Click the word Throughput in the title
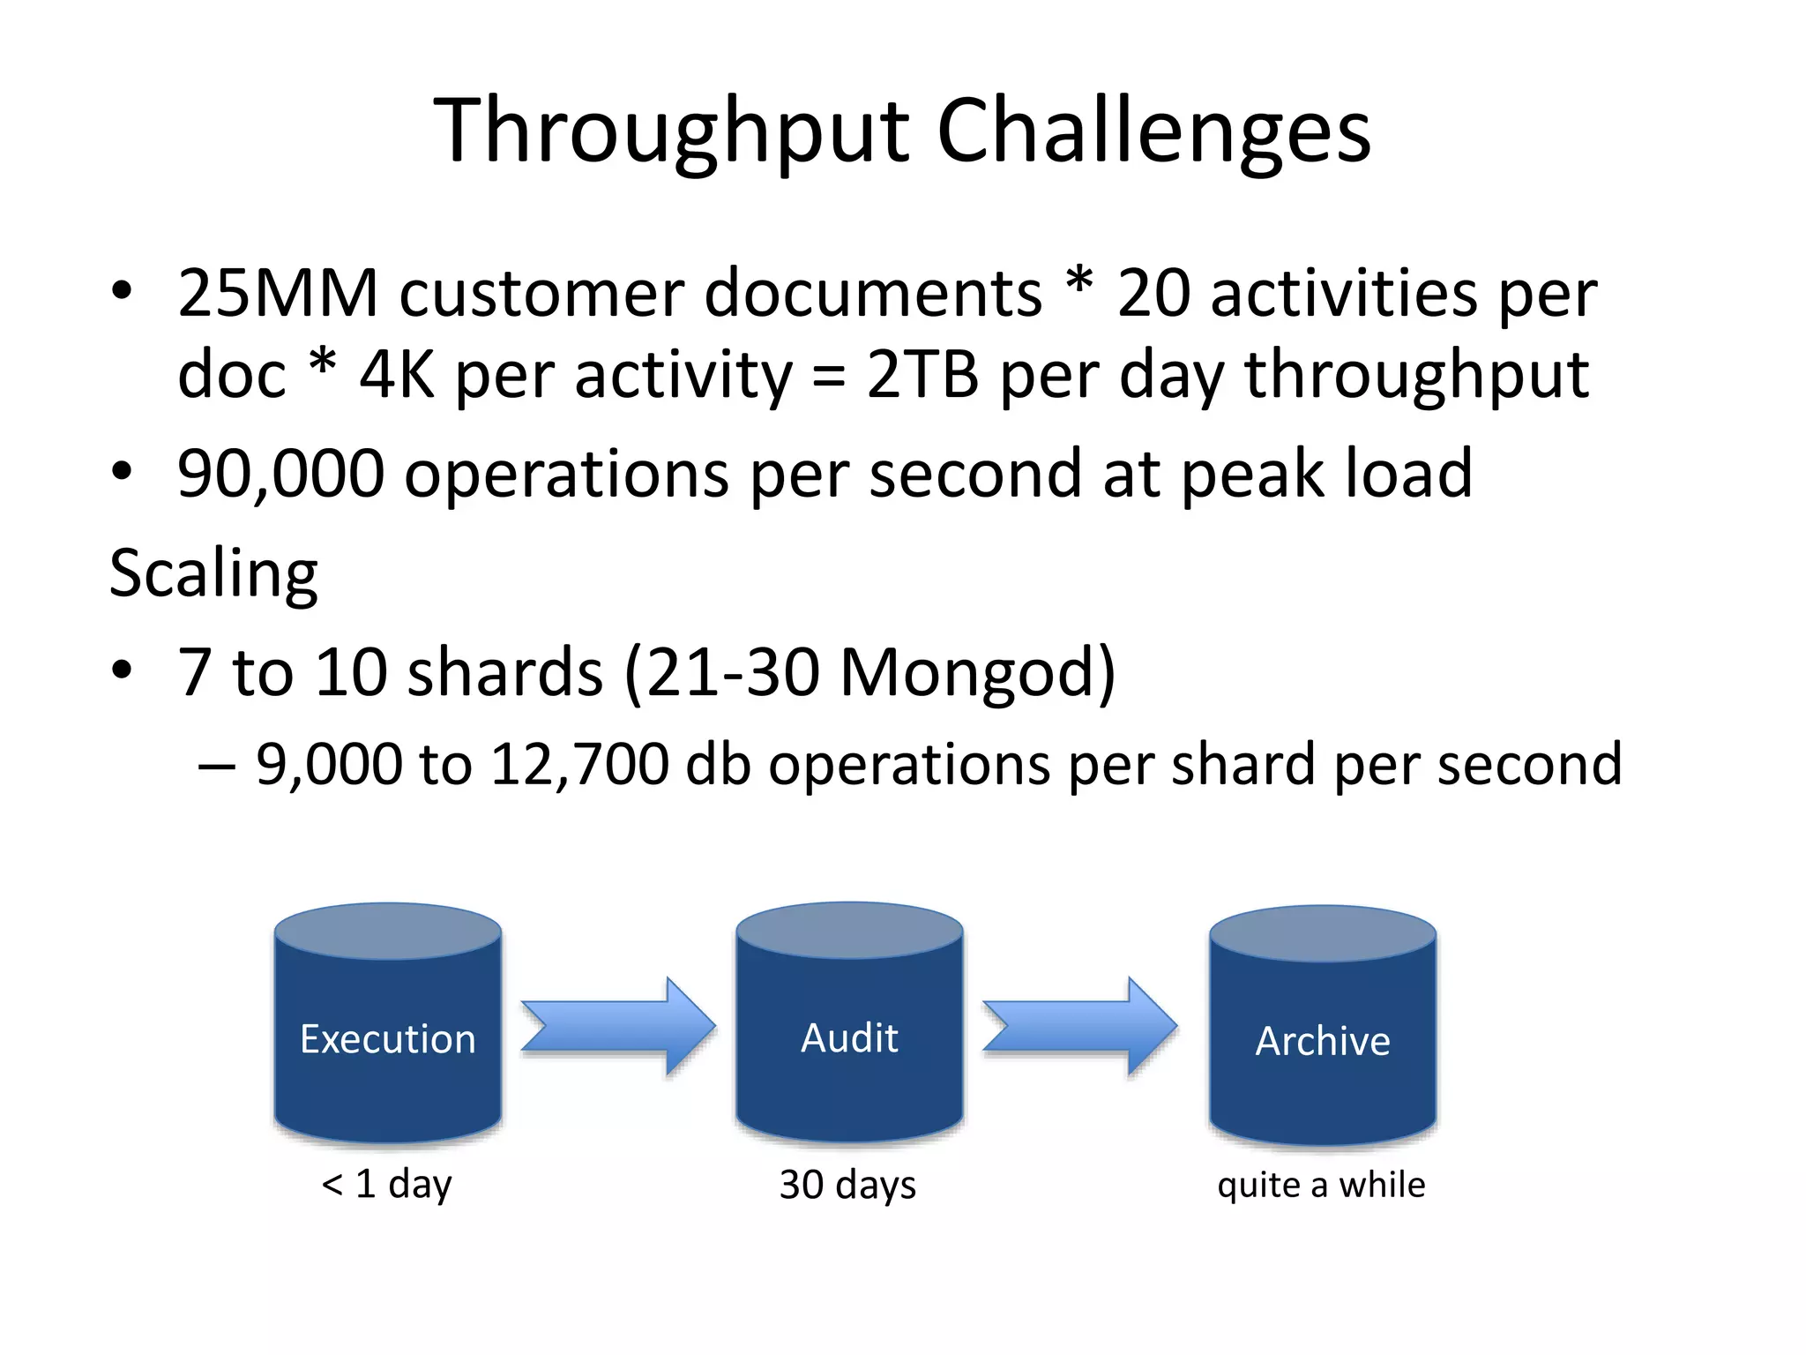coord(670,132)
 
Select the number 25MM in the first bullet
coord(277,293)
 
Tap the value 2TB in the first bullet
coord(922,375)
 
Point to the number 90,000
coord(280,475)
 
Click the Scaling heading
coord(213,573)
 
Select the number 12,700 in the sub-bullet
coord(579,764)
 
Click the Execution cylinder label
coord(388,1039)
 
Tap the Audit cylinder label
coord(849,1038)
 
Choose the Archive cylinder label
coord(1323,1041)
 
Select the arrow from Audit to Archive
coord(1080,1026)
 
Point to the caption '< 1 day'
coord(386,1184)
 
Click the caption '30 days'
coord(847,1185)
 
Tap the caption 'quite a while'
coord(1321,1185)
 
